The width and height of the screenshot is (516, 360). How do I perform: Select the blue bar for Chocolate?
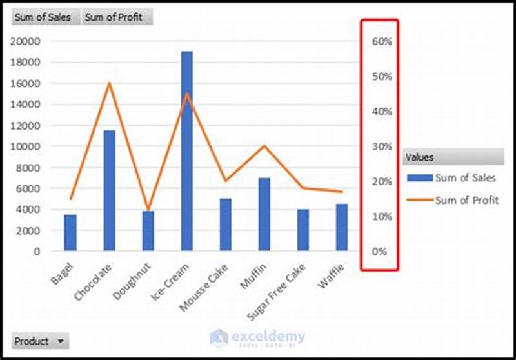click(109, 190)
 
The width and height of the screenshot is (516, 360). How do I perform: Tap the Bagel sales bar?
click(70, 232)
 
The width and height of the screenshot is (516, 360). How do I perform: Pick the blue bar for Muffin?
click(264, 214)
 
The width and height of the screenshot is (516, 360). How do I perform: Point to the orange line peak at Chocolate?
click(109, 83)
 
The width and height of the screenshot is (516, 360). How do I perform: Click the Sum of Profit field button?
click(117, 17)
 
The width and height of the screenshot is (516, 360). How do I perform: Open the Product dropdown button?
click(40, 341)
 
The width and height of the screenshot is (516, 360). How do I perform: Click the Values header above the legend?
click(452, 157)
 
